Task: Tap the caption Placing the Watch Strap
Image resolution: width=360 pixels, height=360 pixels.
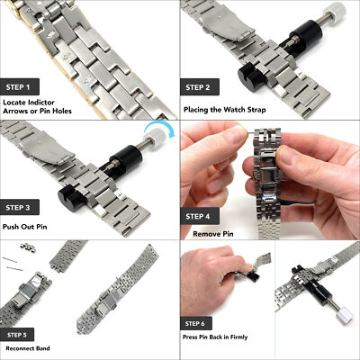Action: [x=224, y=109]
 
